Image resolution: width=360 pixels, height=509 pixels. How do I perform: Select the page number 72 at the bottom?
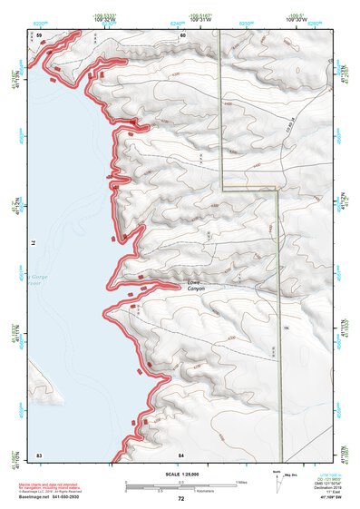pos(181,499)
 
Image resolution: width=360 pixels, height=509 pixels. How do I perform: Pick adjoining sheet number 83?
pos(39,453)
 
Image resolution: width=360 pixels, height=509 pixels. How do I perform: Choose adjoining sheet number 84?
pos(182,453)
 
